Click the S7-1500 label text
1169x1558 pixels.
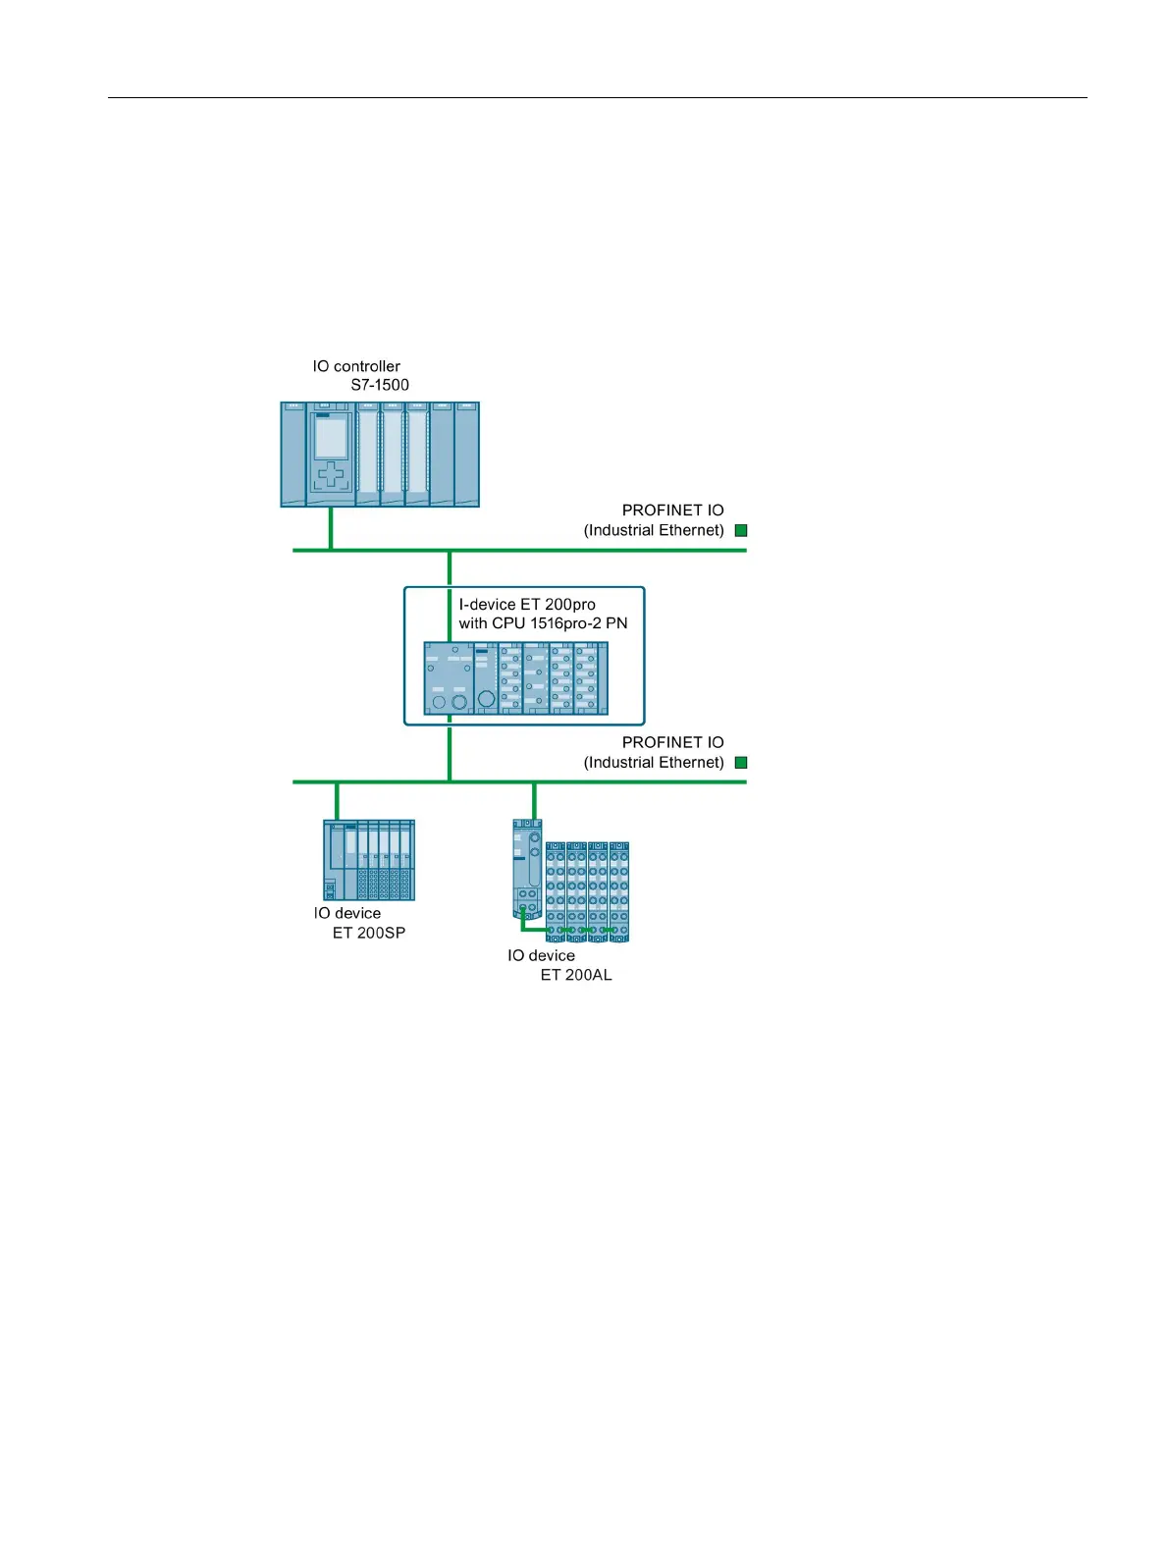(380, 385)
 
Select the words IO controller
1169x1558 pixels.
(356, 366)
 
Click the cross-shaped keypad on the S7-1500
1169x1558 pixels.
(331, 475)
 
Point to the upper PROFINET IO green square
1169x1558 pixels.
(741, 530)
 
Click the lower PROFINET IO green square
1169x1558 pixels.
(741, 763)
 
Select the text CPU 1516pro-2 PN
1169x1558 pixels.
(559, 623)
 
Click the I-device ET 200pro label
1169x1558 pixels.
(527, 605)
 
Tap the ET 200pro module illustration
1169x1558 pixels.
(516, 678)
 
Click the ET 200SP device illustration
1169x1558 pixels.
(369, 860)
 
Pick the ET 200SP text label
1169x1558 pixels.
(369, 933)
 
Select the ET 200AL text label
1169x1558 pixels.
(576, 975)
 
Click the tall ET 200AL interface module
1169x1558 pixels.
(528, 869)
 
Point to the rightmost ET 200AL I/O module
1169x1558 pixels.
(619, 891)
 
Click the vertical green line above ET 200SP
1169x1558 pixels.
(337, 801)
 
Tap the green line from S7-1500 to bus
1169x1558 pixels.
(331, 528)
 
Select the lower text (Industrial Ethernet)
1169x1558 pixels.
(654, 763)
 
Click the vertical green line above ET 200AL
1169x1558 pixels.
(534, 800)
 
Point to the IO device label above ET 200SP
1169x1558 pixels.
(347, 913)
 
